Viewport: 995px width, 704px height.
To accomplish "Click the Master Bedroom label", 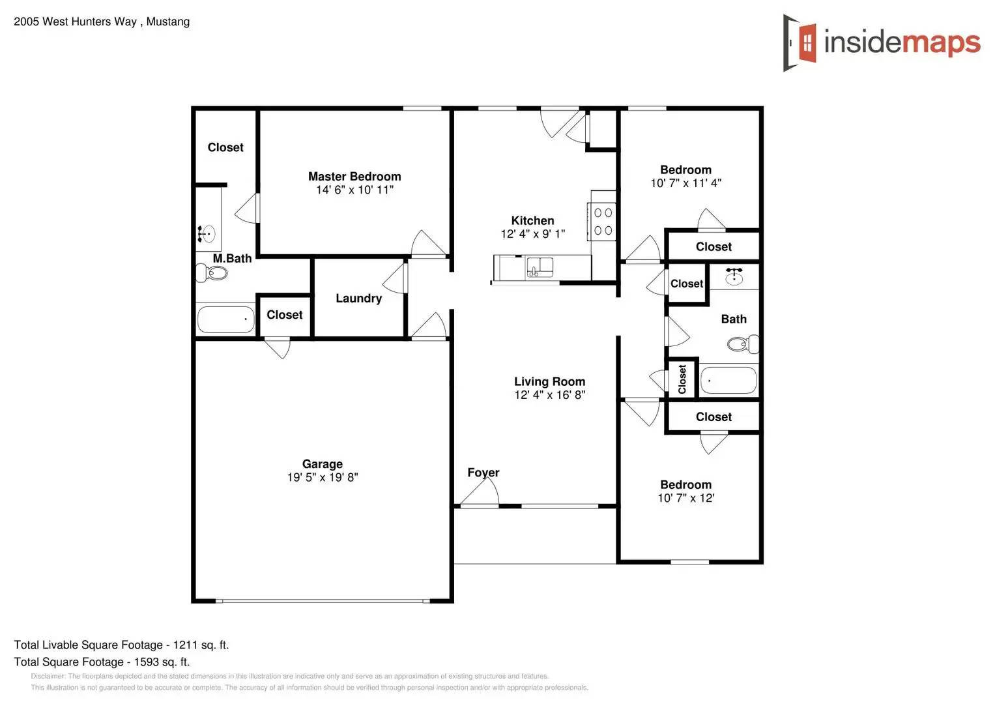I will (354, 177).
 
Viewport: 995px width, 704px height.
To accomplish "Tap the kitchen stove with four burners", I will (603, 221).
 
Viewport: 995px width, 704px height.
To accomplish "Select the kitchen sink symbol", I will (540, 267).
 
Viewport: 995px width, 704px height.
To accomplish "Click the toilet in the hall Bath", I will (743, 344).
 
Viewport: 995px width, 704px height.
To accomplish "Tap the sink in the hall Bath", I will (734, 276).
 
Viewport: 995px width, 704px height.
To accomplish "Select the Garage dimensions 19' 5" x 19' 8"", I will (323, 478).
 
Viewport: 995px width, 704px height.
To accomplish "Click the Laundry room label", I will (358, 299).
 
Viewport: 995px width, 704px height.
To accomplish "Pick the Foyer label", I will (483, 473).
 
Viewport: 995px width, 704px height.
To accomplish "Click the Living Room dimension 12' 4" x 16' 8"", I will (549, 395).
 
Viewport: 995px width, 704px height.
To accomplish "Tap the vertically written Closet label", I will (682, 379).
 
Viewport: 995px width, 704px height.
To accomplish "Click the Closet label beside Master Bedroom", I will (225, 147).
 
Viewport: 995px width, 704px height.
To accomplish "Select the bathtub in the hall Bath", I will (728, 380).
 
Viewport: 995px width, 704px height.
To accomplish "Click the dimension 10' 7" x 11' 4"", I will (685, 184).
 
